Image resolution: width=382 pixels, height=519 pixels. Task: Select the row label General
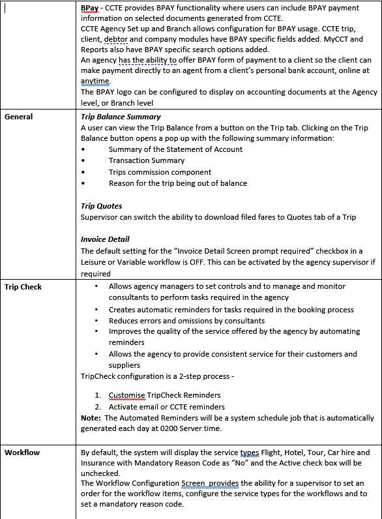coord(19,117)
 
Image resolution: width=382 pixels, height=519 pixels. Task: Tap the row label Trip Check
coord(23,286)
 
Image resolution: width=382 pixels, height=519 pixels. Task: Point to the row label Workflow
coord(22,452)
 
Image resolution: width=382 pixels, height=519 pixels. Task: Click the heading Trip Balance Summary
coord(121,117)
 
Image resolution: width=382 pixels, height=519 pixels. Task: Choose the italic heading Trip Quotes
coord(101,206)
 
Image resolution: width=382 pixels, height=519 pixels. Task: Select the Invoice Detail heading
coord(105,240)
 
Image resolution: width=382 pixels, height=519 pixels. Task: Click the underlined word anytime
coord(96,81)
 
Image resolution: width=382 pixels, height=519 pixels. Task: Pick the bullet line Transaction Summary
coord(147,160)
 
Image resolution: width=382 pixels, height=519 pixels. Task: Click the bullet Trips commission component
coord(160,172)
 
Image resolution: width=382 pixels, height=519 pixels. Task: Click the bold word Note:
coord(91,418)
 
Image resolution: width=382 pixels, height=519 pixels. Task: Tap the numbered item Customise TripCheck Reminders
coord(164,395)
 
